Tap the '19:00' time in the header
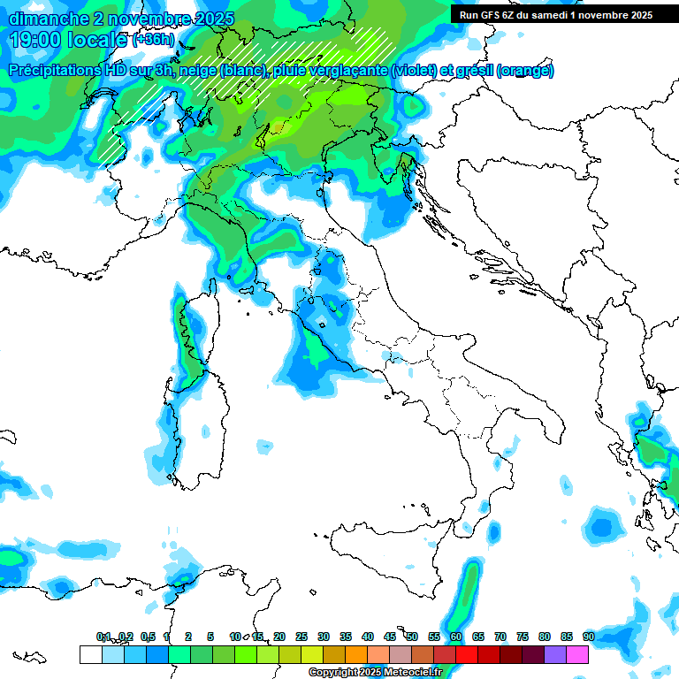coord(35,40)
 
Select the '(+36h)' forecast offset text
coord(153,41)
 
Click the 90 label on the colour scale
coord(588,637)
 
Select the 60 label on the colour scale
coord(455,637)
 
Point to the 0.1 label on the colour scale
coord(103,637)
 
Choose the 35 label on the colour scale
coord(345,637)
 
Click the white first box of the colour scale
coord(90,654)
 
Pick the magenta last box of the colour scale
coord(577,654)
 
